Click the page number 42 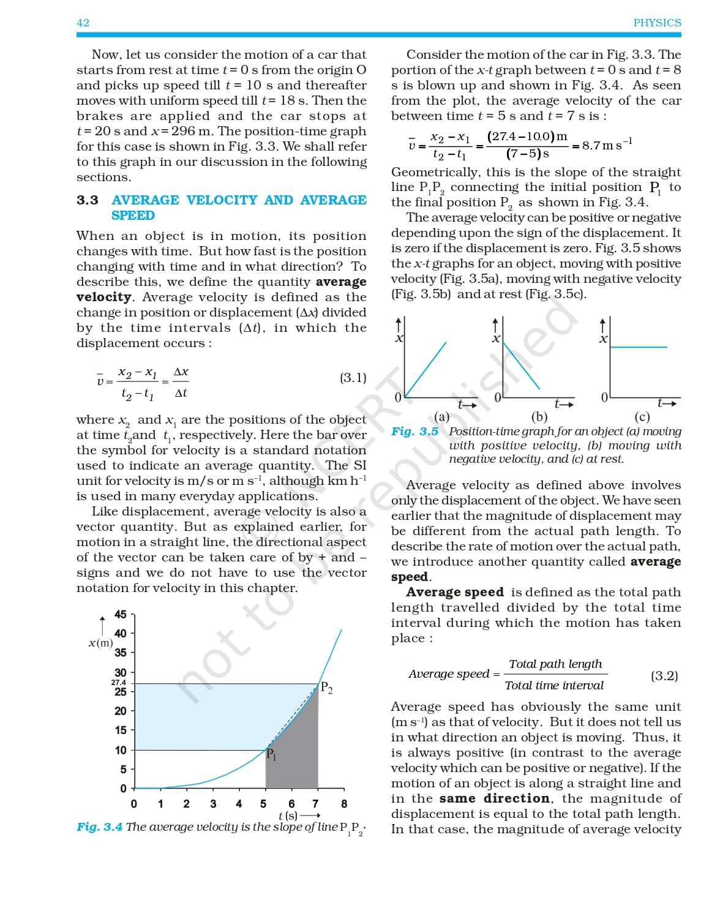pyautogui.click(x=83, y=23)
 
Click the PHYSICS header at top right pyautogui.click(x=657, y=23)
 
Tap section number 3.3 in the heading pyautogui.click(x=87, y=200)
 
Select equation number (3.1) pyautogui.click(x=353, y=378)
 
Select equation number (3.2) pyautogui.click(x=664, y=676)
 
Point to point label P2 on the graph pyautogui.click(x=327, y=688)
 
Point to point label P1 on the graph pyautogui.click(x=271, y=754)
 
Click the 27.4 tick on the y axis pyautogui.click(x=118, y=682)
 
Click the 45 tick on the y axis pyautogui.click(x=121, y=614)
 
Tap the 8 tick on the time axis pyautogui.click(x=343, y=804)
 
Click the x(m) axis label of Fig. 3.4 pyautogui.click(x=100, y=643)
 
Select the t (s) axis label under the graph pyautogui.click(x=288, y=816)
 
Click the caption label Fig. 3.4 pyautogui.click(x=99, y=827)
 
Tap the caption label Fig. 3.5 pyautogui.click(x=414, y=432)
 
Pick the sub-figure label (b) pyautogui.click(x=539, y=418)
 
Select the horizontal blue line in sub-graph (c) pyautogui.click(x=639, y=347)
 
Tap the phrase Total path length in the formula pyautogui.click(x=555, y=664)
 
